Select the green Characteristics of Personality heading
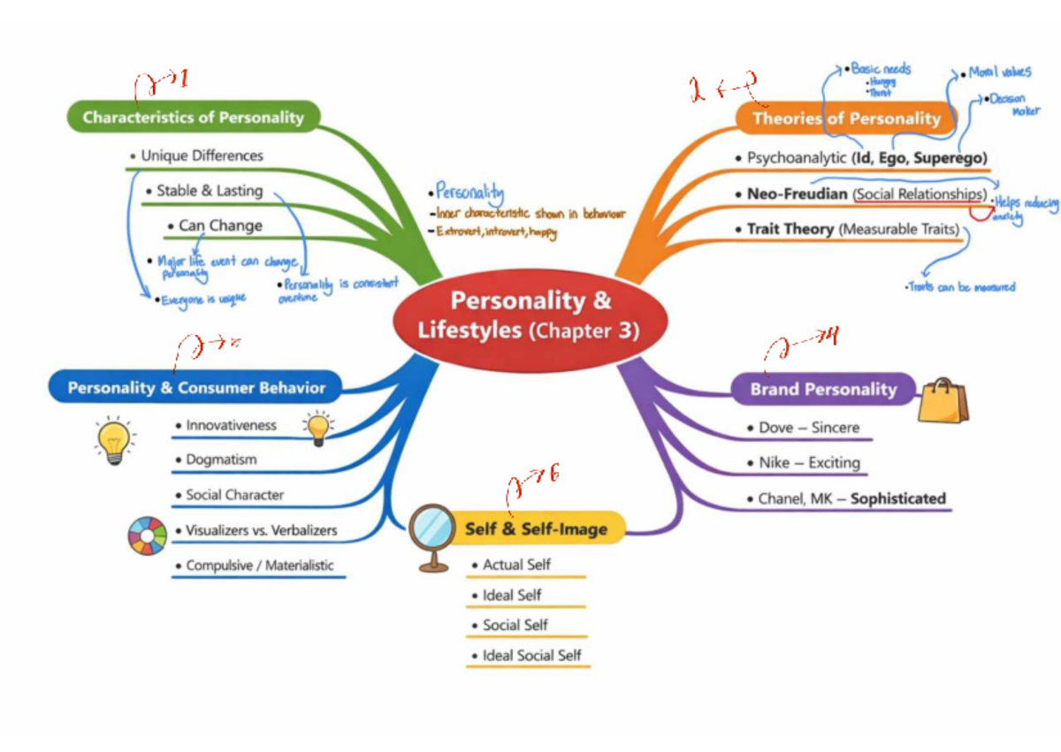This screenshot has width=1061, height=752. tap(193, 117)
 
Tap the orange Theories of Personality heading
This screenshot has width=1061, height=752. tap(846, 118)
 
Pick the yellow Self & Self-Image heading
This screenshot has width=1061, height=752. tap(536, 529)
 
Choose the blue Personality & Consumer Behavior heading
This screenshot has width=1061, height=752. tap(196, 387)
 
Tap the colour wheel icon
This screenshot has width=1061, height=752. tap(147, 536)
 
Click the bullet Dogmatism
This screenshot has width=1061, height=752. tap(221, 460)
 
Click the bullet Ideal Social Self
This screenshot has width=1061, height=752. tap(531, 656)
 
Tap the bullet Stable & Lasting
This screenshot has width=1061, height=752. tap(209, 190)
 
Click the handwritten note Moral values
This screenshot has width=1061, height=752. tap(998, 72)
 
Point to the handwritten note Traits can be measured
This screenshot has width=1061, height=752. tap(960, 287)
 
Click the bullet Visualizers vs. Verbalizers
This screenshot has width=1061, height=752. tap(261, 531)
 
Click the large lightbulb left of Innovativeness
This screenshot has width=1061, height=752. tap(114, 439)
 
